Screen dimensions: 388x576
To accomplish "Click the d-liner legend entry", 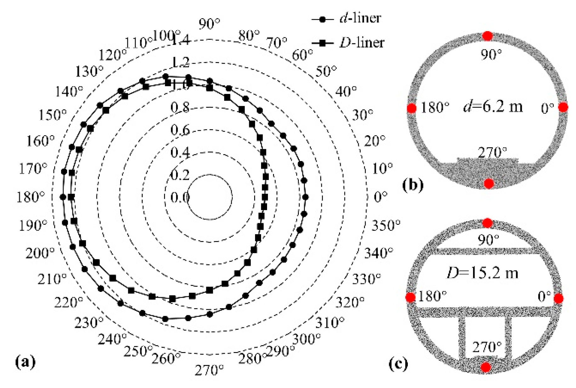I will pyautogui.click(x=346, y=19).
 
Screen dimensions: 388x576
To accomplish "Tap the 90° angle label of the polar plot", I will pyautogui.click(x=209, y=24).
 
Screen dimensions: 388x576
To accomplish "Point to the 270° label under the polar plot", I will pyautogui.click(x=209, y=370).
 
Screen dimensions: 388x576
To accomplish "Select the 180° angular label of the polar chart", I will pyautogui.click(x=31, y=197).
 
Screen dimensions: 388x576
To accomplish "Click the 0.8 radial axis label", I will pyautogui.click(x=180, y=108).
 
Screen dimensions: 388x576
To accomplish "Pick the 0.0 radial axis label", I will pyautogui.click(x=180, y=198).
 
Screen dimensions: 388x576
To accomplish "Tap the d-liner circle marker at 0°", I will pyautogui.click(x=305, y=197).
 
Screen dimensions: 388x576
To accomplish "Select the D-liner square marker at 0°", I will pyautogui.click(x=265, y=197).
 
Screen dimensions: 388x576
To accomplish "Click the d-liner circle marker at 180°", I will pyautogui.click(x=63, y=197).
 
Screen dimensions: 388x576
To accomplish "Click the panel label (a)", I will pyautogui.click(x=26, y=362).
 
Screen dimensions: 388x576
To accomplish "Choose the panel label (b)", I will pyautogui.click(x=413, y=185).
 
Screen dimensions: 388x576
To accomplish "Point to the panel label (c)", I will pyautogui.click(x=398, y=364).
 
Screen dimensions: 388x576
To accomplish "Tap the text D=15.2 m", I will pyautogui.click(x=482, y=273).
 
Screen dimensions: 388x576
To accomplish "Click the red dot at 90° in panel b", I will pyautogui.click(x=488, y=36).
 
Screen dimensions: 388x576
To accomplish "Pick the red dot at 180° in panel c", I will pyautogui.click(x=410, y=298).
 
